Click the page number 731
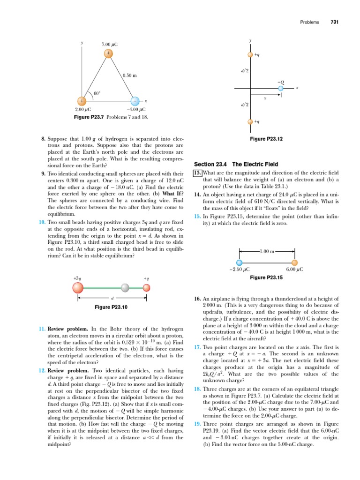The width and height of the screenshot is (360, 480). click(335, 22)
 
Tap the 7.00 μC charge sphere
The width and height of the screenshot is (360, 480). click(108, 53)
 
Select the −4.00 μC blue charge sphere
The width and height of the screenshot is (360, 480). click(135, 101)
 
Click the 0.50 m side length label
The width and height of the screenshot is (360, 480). click(129, 75)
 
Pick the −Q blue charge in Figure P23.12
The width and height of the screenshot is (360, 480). click(281, 88)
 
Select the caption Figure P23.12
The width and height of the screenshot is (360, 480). click(266, 139)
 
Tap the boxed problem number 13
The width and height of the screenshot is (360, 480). click(197, 172)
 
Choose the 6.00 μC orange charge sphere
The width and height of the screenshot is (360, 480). click(295, 262)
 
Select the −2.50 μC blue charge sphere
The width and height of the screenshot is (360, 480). click(240, 262)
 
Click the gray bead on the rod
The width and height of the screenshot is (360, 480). click(125, 287)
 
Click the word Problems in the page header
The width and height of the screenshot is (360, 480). click(309, 22)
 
